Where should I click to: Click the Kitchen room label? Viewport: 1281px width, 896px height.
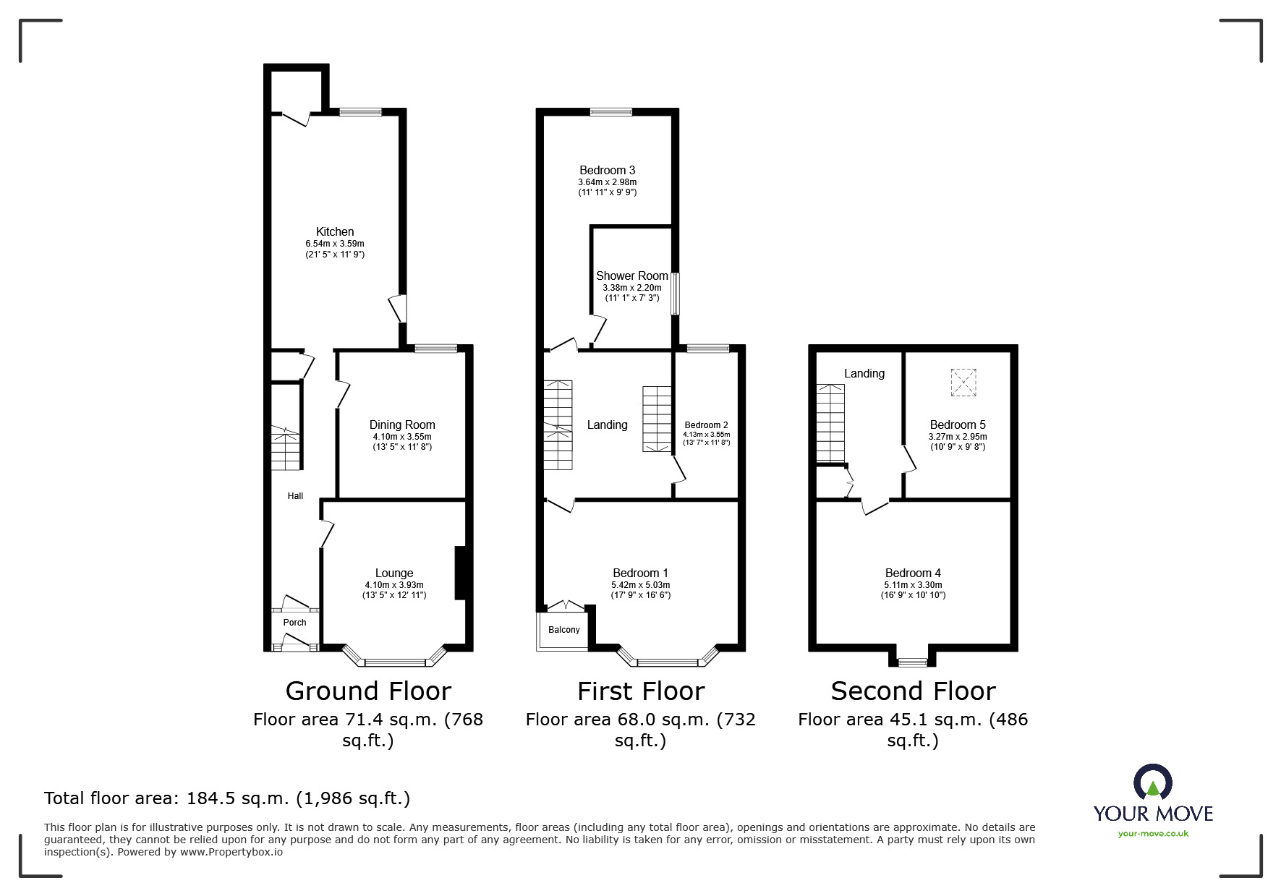pyautogui.click(x=335, y=232)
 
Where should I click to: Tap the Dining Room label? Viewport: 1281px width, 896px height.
pyautogui.click(x=402, y=425)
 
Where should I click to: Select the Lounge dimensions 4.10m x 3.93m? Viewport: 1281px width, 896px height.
pyautogui.click(x=394, y=585)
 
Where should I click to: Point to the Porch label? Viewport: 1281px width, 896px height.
pyautogui.click(x=294, y=623)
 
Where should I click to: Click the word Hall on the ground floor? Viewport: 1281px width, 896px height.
pyautogui.click(x=295, y=496)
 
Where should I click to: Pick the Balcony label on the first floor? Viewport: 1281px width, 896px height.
pyautogui.click(x=564, y=630)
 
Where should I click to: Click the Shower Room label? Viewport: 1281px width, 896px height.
pyautogui.click(x=632, y=276)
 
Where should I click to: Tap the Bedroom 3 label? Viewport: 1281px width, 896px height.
pyautogui.click(x=608, y=171)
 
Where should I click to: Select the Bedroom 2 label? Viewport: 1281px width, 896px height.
pyautogui.click(x=706, y=425)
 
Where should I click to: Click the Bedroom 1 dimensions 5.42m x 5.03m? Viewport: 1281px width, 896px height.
pyautogui.click(x=641, y=585)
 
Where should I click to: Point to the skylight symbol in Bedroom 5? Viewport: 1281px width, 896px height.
pyautogui.click(x=963, y=383)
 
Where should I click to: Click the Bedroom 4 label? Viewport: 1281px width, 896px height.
pyautogui.click(x=914, y=573)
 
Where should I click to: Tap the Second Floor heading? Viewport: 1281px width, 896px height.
pyautogui.click(x=913, y=691)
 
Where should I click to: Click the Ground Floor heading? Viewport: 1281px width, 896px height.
pyautogui.click(x=368, y=691)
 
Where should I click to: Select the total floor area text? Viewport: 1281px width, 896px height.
pyautogui.click(x=227, y=798)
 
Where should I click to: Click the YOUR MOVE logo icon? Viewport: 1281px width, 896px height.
pyautogui.click(x=1153, y=783)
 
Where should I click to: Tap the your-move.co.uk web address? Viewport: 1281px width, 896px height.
pyautogui.click(x=1153, y=834)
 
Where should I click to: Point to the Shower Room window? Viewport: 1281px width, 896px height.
pyautogui.click(x=676, y=293)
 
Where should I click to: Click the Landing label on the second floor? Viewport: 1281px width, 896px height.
pyautogui.click(x=864, y=374)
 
